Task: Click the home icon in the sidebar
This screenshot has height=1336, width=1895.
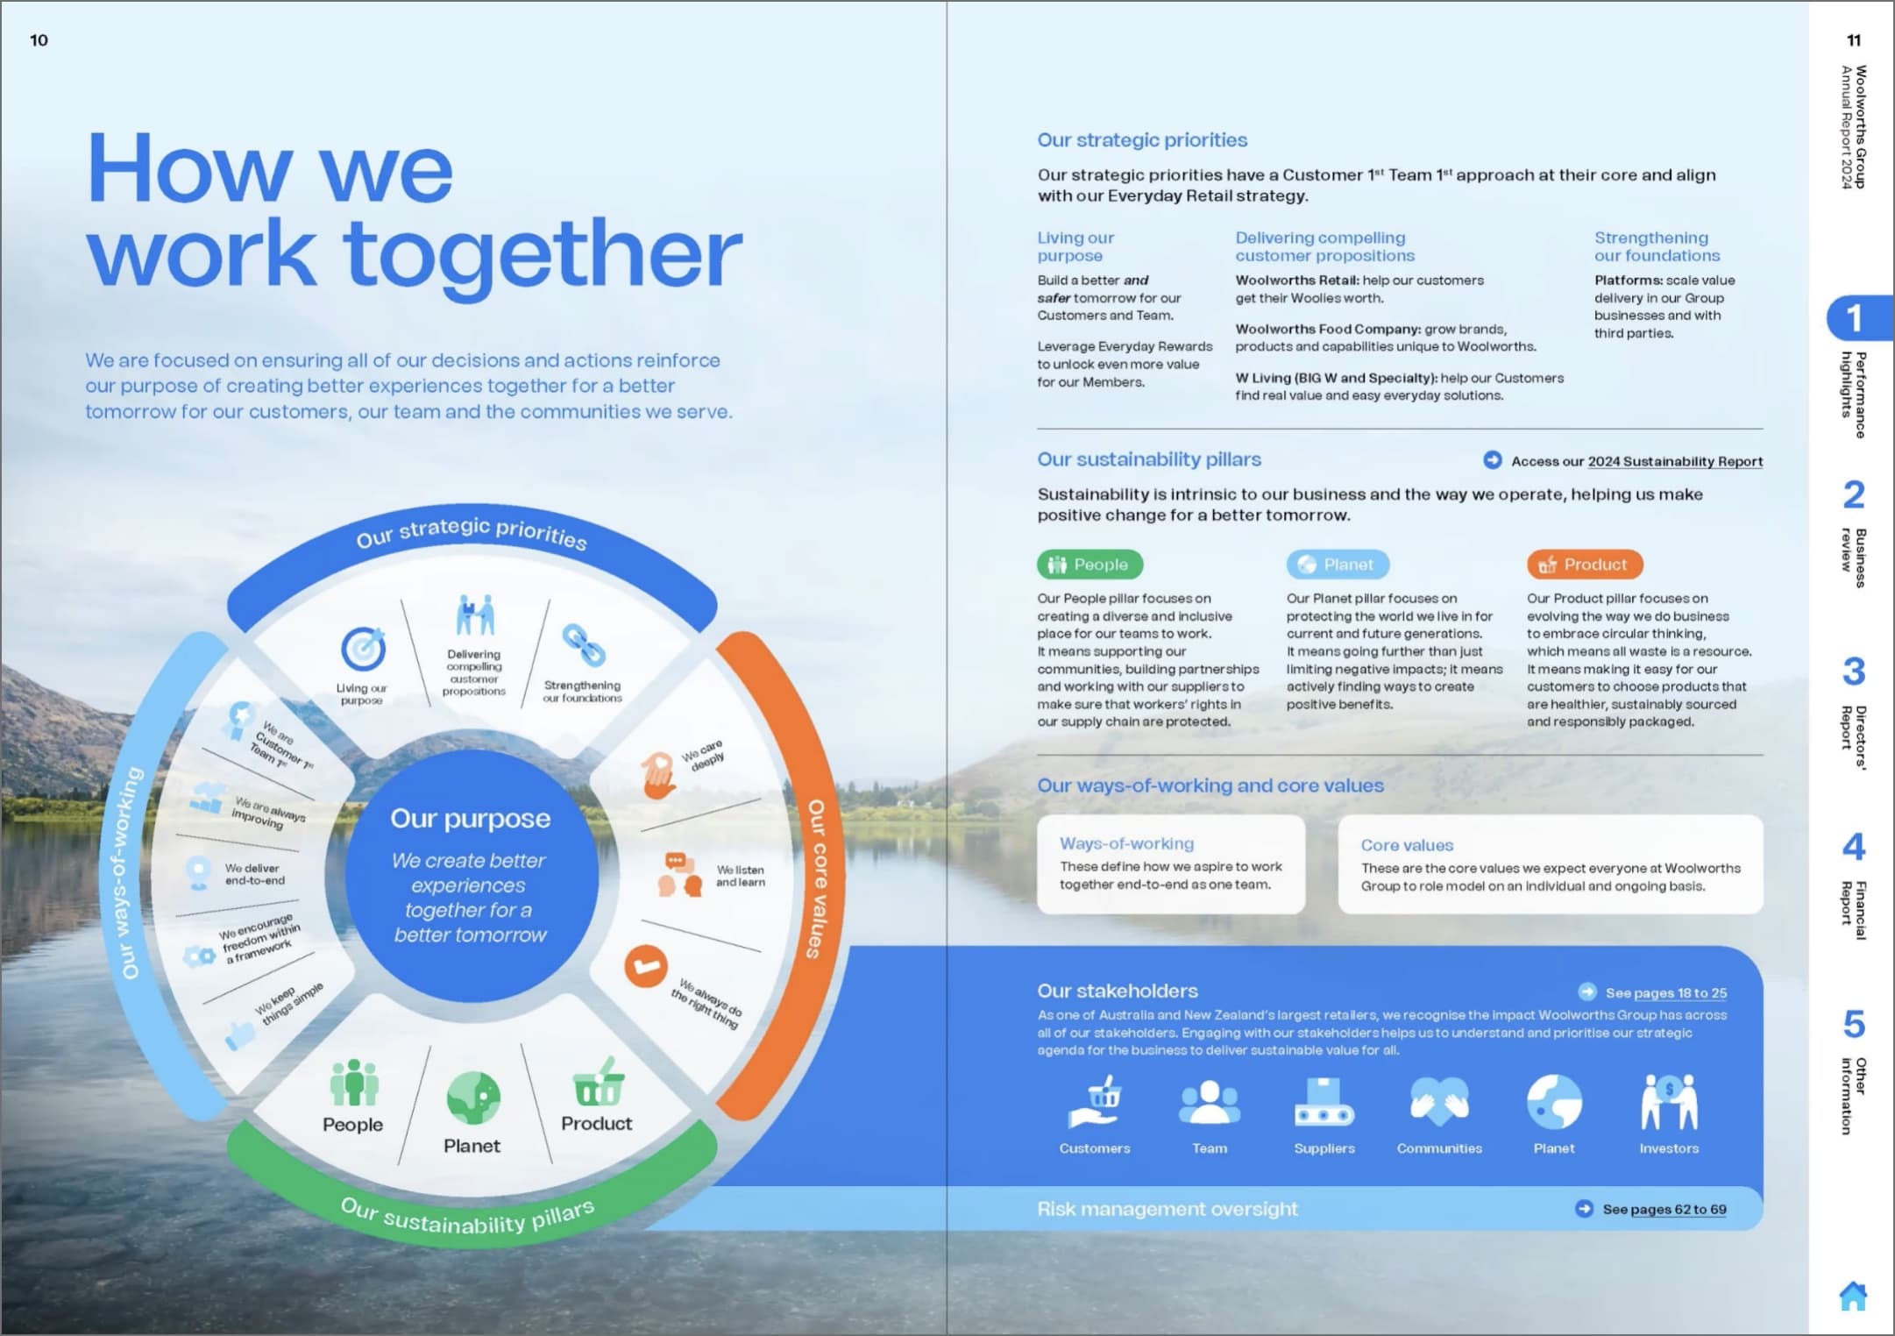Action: (x=1853, y=1296)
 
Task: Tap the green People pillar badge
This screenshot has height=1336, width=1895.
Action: (x=1089, y=565)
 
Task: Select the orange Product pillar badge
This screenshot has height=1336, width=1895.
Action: (x=1585, y=565)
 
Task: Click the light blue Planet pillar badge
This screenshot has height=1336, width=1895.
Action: (x=1338, y=565)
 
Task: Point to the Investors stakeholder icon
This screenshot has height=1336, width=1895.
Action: (x=1669, y=1102)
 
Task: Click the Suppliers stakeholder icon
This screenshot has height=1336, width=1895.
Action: (x=1324, y=1102)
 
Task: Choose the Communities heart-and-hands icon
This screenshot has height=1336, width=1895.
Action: (x=1439, y=1102)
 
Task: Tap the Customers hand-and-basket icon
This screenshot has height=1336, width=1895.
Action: (x=1095, y=1102)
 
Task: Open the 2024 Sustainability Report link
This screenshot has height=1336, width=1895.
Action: (x=1675, y=461)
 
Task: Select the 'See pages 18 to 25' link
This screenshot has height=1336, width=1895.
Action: (x=1666, y=992)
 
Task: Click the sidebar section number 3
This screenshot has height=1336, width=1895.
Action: (x=1853, y=672)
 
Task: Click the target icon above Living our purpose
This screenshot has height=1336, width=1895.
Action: (x=363, y=650)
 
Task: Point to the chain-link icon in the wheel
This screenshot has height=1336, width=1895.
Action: (x=584, y=645)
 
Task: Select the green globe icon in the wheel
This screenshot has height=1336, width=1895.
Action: (x=473, y=1098)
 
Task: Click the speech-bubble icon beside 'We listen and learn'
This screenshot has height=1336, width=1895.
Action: (x=680, y=874)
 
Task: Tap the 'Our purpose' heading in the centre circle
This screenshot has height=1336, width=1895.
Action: (x=471, y=819)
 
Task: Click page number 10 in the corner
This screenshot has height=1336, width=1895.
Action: (x=39, y=40)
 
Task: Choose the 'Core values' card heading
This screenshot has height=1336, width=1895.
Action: (x=1407, y=845)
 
